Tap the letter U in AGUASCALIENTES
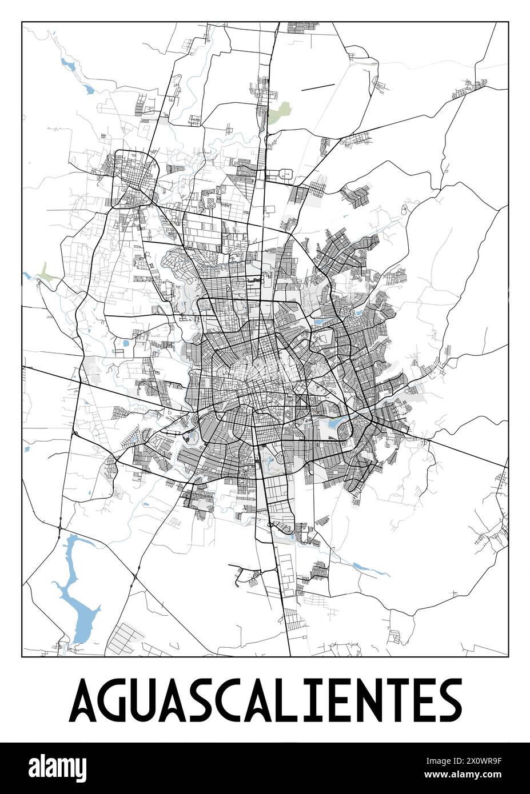[x=148, y=700]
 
